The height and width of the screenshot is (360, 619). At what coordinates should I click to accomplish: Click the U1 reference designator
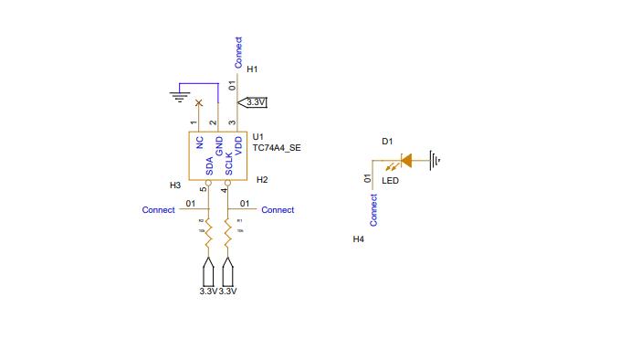[257, 136]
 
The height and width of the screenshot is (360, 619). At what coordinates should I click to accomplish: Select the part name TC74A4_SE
[277, 147]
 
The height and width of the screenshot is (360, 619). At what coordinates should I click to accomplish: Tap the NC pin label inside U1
[199, 143]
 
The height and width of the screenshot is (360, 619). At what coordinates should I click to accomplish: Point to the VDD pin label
[238, 143]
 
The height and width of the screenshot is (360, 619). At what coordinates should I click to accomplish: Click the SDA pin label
[209, 165]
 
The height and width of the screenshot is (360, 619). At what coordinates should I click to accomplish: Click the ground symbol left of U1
[179, 94]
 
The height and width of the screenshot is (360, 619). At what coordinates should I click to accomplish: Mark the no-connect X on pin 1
[199, 103]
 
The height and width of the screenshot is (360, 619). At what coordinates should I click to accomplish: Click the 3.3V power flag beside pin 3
[255, 102]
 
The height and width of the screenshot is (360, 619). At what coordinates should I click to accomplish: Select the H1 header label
[253, 69]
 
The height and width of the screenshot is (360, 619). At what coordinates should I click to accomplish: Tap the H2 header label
[262, 180]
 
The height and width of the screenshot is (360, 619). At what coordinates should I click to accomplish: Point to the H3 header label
[175, 185]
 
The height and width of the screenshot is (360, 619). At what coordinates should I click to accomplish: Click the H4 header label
[359, 238]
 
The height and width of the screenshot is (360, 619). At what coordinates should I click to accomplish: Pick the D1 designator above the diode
[387, 141]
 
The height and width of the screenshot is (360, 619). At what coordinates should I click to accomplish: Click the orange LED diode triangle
[406, 160]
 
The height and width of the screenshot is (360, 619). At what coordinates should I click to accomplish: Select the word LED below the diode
[390, 181]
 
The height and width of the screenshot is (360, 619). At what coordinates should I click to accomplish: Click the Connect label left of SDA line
[158, 210]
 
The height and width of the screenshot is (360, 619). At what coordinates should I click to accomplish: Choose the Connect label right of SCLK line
[278, 210]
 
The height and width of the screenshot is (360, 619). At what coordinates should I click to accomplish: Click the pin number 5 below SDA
[203, 190]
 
